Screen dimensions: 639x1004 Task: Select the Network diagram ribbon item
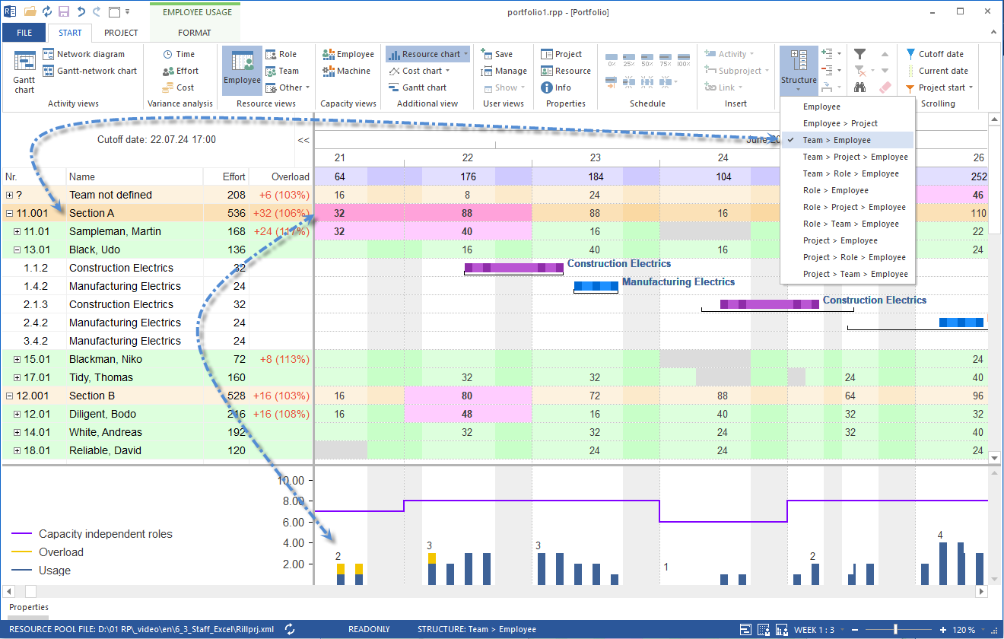pyautogui.click(x=90, y=54)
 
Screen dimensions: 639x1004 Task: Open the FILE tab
pyautogui.click(x=24, y=33)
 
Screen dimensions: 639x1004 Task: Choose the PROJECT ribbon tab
pyautogui.click(x=121, y=33)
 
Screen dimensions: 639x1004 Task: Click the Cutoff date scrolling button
pyautogui.click(x=940, y=54)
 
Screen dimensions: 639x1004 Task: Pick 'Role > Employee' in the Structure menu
pyautogui.click(x=835, y=190)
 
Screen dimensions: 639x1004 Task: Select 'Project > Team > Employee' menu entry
pyautogui.click(x=855, y=274)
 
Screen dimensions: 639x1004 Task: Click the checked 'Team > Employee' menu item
pyautogui.click(x=837, y=140)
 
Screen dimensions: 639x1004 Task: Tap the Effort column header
pyautogui.click(x=234, y=176)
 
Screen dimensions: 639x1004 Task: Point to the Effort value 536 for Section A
pyautogui.click(x=236, y=213)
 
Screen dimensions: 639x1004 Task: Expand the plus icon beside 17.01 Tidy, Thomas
pyautogui.click(x=17, y=377)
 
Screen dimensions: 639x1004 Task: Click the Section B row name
pyautogui.click(x=92, y=396)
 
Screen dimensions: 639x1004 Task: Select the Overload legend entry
pyautogui.click(x=61, y=552)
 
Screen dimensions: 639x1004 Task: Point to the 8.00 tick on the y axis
pyautogui.click(x=291, y=501)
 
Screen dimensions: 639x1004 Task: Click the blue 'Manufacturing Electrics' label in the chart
pyautogui.click(x=678, y=281)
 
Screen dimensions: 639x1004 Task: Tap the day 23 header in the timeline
pyautogui.click(x=596, y=157)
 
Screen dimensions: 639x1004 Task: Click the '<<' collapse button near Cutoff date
pyautogui.click(x=303, y=140)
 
